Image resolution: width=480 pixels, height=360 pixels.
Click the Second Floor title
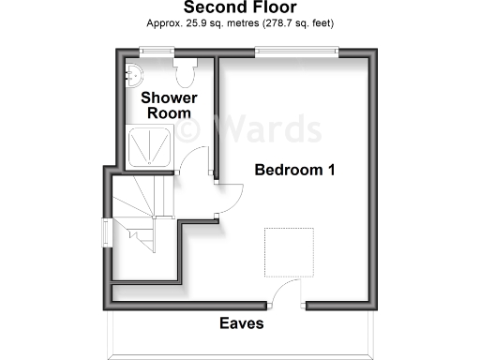tap(241, 7)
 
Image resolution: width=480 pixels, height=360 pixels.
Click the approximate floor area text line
tap(241, 22)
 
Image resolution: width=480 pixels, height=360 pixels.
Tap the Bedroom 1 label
tap(295, 171)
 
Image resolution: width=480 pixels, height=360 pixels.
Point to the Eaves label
tap(242, 323)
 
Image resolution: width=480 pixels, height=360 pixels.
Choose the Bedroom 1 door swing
tap(229, 191)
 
